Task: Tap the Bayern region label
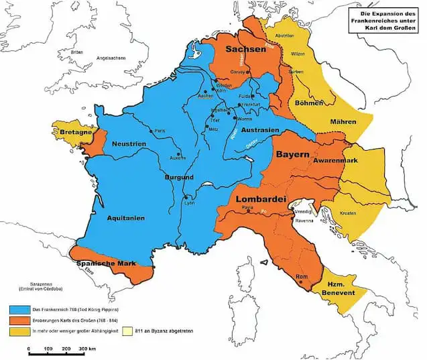tap(292, 155)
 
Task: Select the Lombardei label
tap(261, 199)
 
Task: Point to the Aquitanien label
tap(125, 218)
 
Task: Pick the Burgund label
tap(178, 178)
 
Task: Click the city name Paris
tap(160, 131)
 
